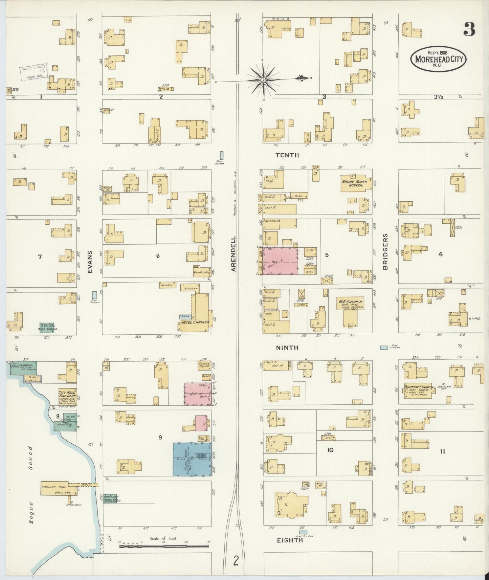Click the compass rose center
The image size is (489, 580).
[x=263, y=80]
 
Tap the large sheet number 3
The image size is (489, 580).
[x=469, y=30]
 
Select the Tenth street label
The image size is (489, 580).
[x=287, y=155]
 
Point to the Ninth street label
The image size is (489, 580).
[x=287, y=348]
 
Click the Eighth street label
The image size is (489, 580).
[x=290, y=540]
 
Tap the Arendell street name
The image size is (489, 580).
[x=234, y=254]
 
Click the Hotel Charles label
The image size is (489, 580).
[x=195, y=322]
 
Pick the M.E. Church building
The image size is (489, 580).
[x=350, y=311]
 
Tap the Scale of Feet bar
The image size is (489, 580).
[x=164, y=545]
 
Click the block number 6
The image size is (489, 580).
[x=158, y=256]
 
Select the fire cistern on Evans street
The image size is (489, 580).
[x=94, y=294]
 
